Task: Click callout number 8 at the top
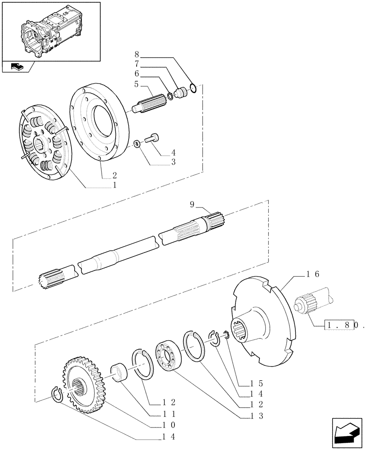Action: click(137, 57)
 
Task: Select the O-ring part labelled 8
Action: click(193, 88)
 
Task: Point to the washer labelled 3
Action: click(136, 144)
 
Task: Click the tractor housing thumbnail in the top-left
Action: click(50, 31)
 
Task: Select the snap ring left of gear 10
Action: click(56, 395)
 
